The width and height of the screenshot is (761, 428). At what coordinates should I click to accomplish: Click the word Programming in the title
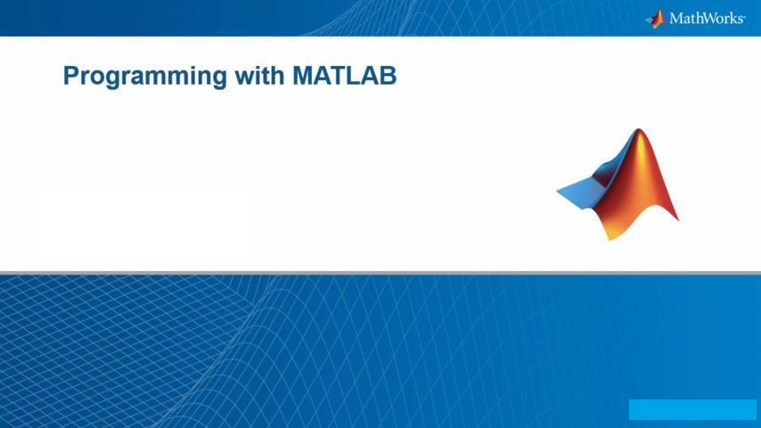(x=145, y=77)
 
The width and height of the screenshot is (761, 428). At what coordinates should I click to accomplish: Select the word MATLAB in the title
(x=345, y=76)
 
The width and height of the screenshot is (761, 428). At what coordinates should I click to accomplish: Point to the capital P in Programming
(x=71, y=76)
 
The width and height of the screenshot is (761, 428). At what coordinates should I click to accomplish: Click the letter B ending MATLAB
(x=389, y=76)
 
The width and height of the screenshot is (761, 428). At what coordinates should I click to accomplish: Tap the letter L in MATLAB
(x=356, y=76)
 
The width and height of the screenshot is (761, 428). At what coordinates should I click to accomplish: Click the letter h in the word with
(x=278, y=76)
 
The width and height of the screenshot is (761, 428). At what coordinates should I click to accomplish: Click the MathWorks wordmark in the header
(x=708, y=19)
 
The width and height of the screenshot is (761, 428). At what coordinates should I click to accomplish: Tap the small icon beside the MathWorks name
(x=656, y=19)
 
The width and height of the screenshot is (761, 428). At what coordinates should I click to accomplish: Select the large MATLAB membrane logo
(x=618, y=185)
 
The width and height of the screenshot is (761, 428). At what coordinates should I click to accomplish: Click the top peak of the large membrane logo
(x=639, y=129)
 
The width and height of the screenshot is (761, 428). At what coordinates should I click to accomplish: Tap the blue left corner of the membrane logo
(x=558, y=190)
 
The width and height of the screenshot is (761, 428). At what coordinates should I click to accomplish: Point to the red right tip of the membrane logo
(x=677, y=219)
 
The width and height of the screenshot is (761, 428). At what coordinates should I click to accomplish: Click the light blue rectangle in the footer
(x=692, y=409)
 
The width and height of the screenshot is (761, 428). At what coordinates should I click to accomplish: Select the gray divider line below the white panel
(x=380, y=273)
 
